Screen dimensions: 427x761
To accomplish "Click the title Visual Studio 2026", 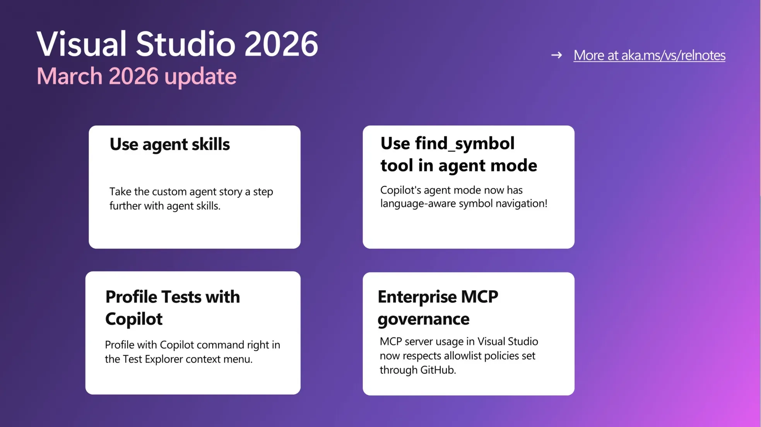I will click(x=177, y=44).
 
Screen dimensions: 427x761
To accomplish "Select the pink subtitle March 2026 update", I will click(x=136, y=76).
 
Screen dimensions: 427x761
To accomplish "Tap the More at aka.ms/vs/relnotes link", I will click(x=649, y=55).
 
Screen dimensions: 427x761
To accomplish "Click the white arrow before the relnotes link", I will click(x=556, y=55).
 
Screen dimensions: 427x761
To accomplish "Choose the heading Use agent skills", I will click(x=169, y=144).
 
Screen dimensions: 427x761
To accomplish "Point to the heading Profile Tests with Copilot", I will click(x=173, y=307).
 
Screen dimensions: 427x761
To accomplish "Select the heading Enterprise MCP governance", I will click(x=438, y=307).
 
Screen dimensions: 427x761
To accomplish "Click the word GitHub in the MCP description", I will click(x=438, y=370).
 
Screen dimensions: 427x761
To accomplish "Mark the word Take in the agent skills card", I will click(x=120, y=192).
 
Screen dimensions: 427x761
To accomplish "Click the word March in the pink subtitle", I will click(x=70, y=76).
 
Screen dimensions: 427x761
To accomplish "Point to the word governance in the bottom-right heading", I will click(x=423, y=319).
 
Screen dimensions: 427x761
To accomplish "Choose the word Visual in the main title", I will click(x=82, y=44).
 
